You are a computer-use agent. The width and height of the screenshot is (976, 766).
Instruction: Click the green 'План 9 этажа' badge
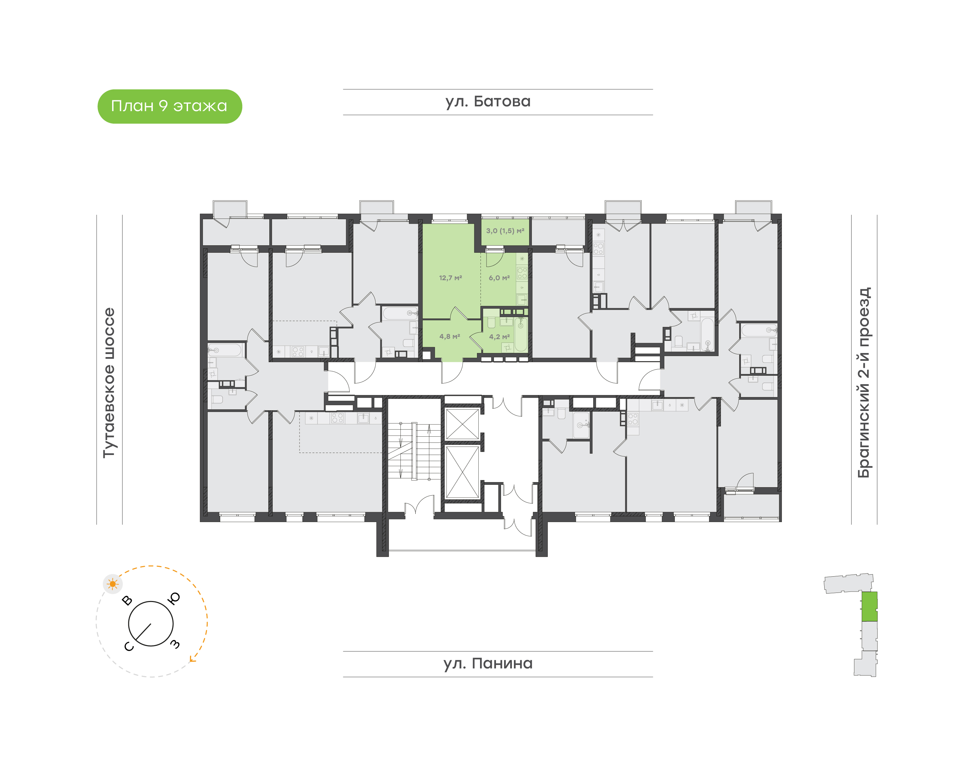coord(169,106)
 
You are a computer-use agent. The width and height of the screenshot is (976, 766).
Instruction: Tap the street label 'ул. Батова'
coord(487,102)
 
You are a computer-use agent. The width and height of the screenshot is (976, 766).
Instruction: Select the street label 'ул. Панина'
coord(487,663)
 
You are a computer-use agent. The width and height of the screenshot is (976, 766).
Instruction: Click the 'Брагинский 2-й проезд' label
coord(864,382)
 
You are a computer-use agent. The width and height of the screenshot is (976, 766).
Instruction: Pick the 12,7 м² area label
coord(450,278)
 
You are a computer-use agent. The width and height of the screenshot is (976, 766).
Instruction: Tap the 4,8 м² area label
coord(450,336)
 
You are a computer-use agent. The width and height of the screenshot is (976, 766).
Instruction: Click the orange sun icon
coord(112,584)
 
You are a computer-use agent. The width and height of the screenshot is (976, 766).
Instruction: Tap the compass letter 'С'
coord(129,646)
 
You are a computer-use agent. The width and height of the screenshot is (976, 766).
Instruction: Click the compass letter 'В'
coord(127,600)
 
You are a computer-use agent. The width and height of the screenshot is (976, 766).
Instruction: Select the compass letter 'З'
coord(175,644)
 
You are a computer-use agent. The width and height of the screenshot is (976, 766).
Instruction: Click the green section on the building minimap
coord(869,606)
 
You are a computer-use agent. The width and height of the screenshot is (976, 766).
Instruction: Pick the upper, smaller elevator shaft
coord(462,424)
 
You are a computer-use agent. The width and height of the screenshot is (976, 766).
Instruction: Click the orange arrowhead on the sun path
coord(193,659)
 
